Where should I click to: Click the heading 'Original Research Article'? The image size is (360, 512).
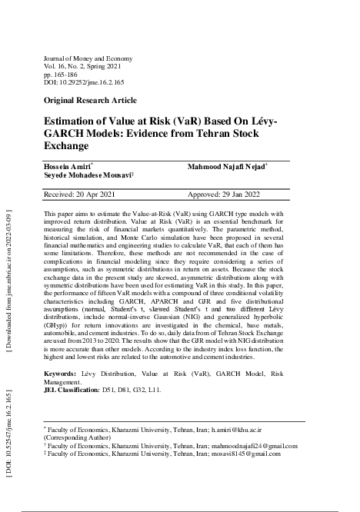click(x=91, y=101)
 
